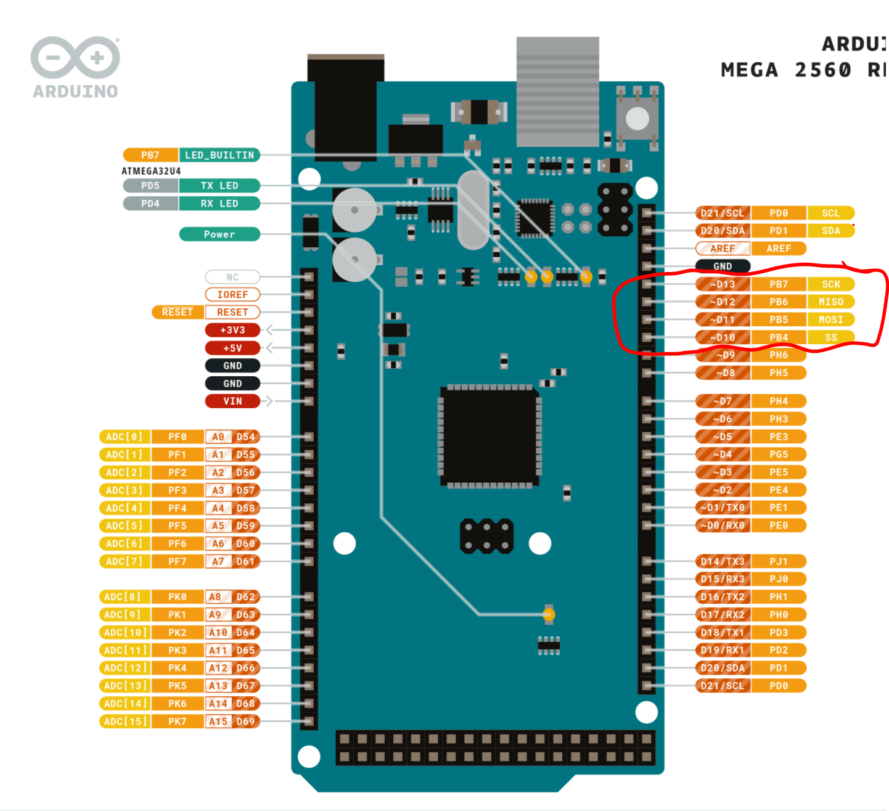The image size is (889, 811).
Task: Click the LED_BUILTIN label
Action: click(x=219, y=155)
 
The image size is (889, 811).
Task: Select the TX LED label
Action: click(x=219, y=186)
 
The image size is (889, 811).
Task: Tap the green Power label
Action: click(x=219, y=234)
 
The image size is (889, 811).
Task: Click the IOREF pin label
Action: click(x=232, y=295)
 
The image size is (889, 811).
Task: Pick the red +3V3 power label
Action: click(x=232, y=330)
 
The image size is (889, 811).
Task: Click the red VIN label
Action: click(x=232, y=401)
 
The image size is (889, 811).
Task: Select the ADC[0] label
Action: click(x=125, y=437)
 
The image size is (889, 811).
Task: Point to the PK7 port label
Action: click(x=178, y=721)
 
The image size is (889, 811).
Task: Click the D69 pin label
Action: click(x=245, y=721)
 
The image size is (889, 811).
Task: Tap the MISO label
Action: click(x=830, y=302)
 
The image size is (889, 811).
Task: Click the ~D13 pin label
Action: click(x=723, y=284)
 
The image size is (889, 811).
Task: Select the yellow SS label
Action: click(x=830, y=337)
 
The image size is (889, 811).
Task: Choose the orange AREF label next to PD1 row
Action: click(x=779, y=249)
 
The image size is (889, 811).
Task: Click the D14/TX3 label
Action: click(x=723, y=561)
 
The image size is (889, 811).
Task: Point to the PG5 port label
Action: click(x=779, y=455)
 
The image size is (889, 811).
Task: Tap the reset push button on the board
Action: click(x=637, y=118)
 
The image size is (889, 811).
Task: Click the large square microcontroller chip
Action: click(x=490, y=436)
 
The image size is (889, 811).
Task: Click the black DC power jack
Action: click(x=345, y=108)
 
